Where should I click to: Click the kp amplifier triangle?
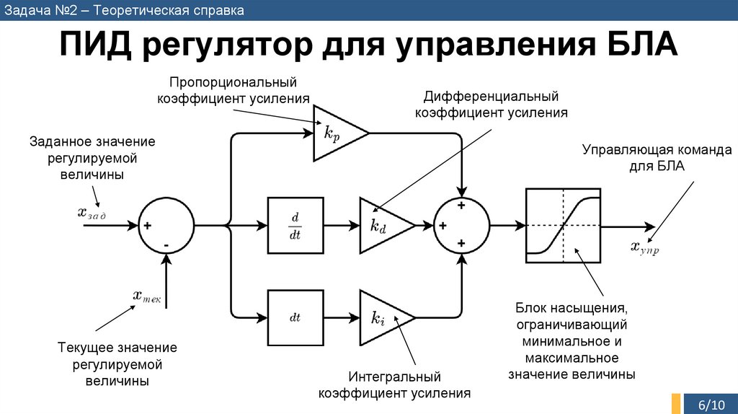[x=334, y=133]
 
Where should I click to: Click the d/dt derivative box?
[x=295, y=226]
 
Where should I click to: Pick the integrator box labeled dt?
[x=295, y=317]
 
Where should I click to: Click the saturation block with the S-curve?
[x=563, y=226]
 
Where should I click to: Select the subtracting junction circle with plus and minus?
[x=166, y=226]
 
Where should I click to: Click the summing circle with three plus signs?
[x=461, y=226]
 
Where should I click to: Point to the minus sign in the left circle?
[x=166, y=245]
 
